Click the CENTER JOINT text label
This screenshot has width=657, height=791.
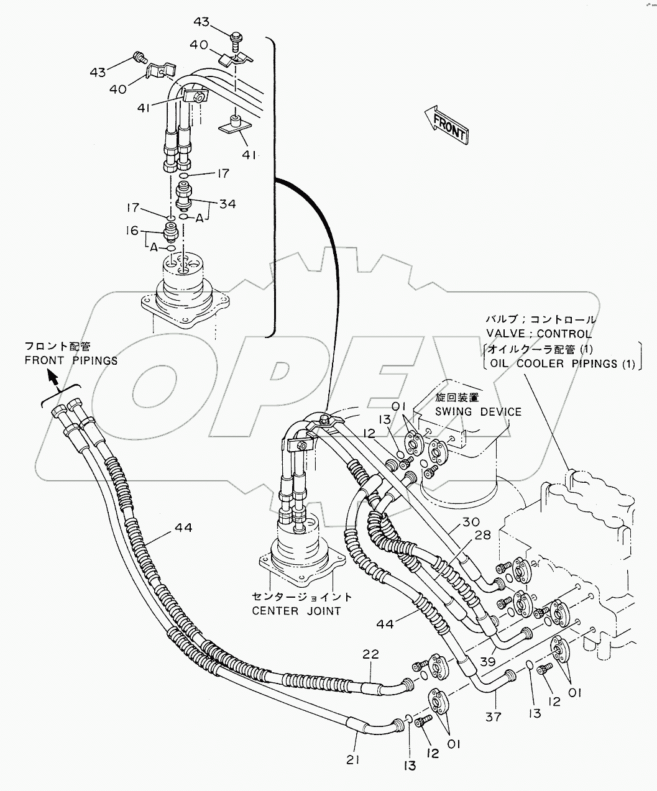pos(296,610)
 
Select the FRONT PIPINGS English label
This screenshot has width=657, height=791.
pos(71,360)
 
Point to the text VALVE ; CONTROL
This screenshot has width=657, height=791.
pos(539,334)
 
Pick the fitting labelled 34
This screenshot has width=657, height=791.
pos(185,195)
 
